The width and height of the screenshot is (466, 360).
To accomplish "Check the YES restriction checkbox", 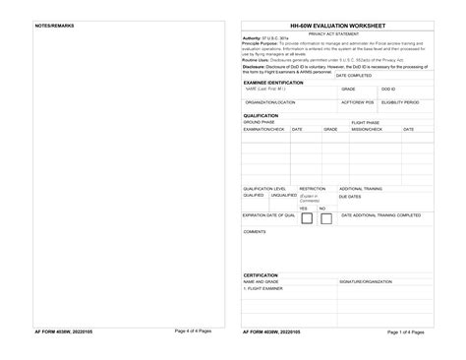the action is click(305, 218).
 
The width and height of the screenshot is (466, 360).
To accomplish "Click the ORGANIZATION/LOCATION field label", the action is click(269, 102).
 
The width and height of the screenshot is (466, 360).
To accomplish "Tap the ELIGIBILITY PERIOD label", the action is click(399, 102).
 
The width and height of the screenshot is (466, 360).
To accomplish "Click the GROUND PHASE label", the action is click(260, 122).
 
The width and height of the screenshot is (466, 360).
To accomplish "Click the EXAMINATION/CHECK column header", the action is click(263, 129).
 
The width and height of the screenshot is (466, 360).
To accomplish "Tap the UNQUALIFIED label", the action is click(283, 195).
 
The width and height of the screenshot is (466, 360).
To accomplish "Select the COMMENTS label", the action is click(255, 232).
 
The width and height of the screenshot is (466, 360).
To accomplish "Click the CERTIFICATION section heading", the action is click(262, 275).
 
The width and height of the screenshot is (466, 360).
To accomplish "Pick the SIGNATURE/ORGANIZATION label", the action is click(366, 282).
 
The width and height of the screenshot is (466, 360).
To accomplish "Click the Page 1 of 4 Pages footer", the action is click(405, 332).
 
